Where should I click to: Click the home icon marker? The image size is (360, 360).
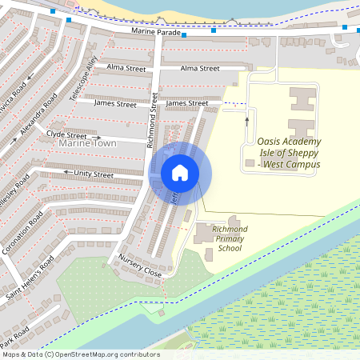click(x=180, y=172)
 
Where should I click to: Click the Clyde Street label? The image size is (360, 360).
click(x=66, y=135)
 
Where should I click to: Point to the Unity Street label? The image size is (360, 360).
click(x=94, y=174)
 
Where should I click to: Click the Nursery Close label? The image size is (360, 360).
click(x=140, y=266)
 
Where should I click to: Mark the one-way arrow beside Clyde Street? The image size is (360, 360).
click(x=98, y=137)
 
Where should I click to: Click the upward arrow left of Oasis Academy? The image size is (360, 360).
click(x=246, y=120)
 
